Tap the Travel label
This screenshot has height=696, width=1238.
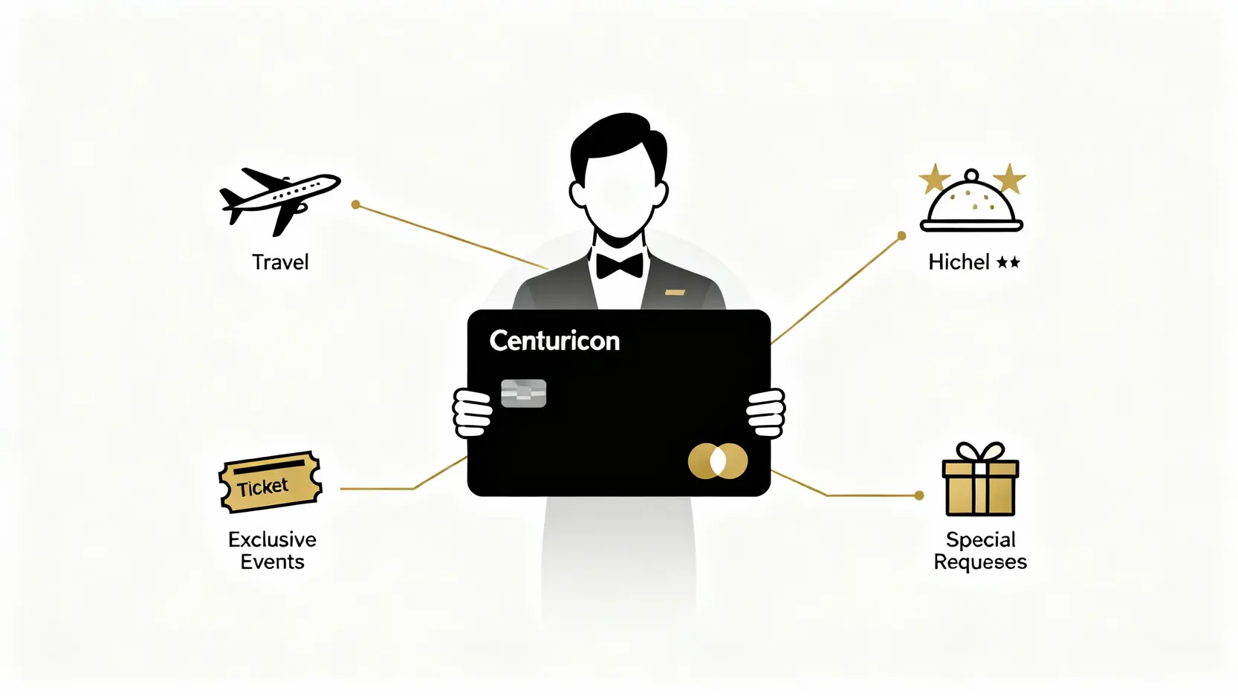[x=280, y=262]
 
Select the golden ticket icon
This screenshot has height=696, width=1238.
[x=270, y=482]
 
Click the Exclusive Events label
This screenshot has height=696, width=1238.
[x=272, y=550]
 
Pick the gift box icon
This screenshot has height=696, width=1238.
[x=980, y=487]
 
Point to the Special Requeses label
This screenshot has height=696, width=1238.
[x=980, y=550]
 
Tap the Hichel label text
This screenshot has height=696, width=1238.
[x=959, y=262]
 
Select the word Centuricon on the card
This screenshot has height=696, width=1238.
[x=554, y=341]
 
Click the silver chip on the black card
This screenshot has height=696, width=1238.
[x=524, y=394]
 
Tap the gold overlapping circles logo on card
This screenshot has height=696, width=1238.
[x=718, y=461]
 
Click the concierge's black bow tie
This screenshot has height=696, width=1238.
[x=620, y=265]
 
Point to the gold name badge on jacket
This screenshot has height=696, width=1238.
[x=675, y=293]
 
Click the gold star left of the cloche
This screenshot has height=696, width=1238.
[x=934, y=179]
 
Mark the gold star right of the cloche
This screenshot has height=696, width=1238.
[x=1009, y=179]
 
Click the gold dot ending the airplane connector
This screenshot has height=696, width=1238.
[x=356, y=204]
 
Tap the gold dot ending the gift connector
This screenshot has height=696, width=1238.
[x=919, y=495]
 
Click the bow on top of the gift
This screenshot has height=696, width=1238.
[x=980, y=452]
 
